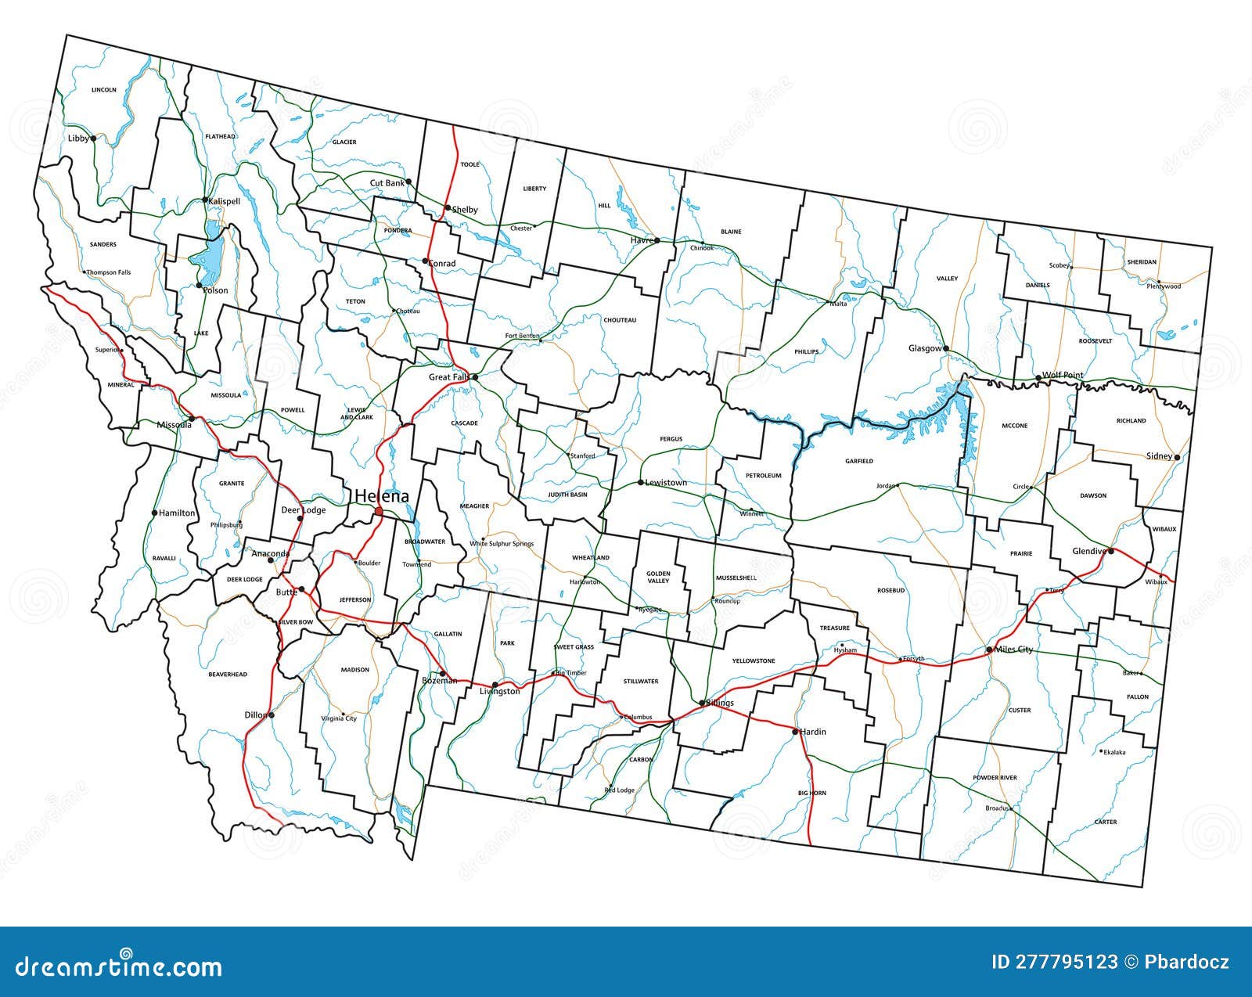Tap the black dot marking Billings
[701, 703]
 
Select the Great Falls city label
[449, 377]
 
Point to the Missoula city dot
[192, 419]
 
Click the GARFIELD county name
[859, 462]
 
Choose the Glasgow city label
[925, 348]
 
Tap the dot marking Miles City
[989, 650]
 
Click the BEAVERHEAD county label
[228, 674]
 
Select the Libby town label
[78, 139]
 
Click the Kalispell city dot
[205, 200]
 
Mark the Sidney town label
[1159, 456]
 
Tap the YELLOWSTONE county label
[753, 661]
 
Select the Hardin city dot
[794, 732]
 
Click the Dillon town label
[255, 715]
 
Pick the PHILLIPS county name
[806, 352]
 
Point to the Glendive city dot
[1110, 551]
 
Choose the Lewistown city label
[666, 483]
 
